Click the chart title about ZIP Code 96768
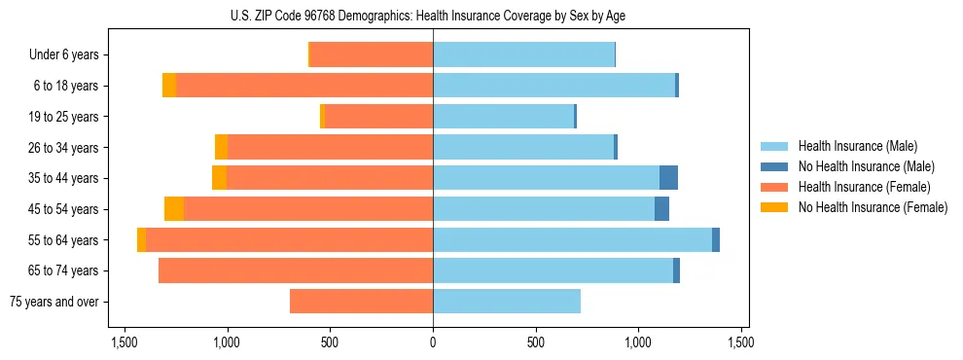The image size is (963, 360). coord(432,15)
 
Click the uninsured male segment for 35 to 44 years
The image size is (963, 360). coord(668,178)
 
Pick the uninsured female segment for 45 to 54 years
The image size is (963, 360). coord(174,209)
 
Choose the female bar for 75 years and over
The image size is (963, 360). coord(361,302)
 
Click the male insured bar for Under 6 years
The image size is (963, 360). coord(523,54)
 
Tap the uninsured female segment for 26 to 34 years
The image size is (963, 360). coord(221,147)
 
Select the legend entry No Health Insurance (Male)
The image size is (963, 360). coord(866,166)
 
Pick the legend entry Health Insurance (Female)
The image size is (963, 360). coord(864,187)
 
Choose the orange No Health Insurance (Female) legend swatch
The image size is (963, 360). coord(773,207)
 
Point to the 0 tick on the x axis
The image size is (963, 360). coord(433,342)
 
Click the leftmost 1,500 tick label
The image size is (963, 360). coord(124,342)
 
